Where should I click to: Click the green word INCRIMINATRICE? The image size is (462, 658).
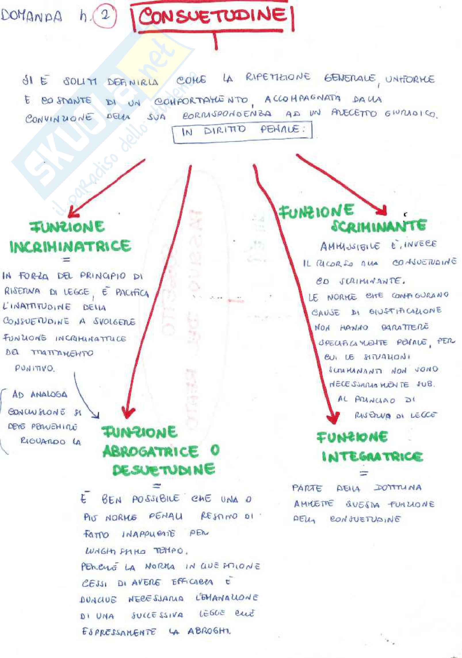[x=70, y=246]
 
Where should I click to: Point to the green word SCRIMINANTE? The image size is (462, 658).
[x=378, y=226]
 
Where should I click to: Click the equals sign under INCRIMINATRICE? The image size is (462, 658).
[x=67, y=260]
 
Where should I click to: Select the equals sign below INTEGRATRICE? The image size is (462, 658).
[x=364, y=474]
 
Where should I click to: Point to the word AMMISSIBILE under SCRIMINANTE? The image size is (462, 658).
[x=350, y=246]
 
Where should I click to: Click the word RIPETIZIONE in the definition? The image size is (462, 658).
[x=278, y=77]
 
